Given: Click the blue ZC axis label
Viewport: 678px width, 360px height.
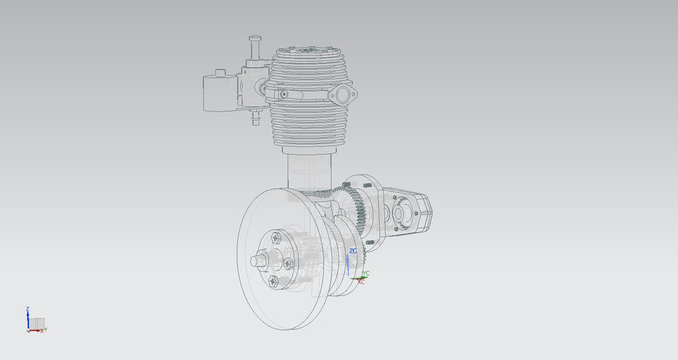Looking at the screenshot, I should [x=352, y=251].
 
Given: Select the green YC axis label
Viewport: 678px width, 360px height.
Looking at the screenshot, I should [x=366, y=273].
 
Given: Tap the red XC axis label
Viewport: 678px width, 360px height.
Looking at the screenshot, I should [x=362, y=282].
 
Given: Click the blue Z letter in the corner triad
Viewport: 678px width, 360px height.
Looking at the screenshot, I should [x=27, y=309].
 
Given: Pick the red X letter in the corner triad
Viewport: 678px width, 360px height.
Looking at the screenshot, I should [x=42, y=330].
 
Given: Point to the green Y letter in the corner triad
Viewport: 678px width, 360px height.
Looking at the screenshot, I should [x=45, y=329].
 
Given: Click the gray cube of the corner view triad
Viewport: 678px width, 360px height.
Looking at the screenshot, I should [x=36, y=323].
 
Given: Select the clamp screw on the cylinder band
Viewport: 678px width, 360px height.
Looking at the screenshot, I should [x=283, y=95].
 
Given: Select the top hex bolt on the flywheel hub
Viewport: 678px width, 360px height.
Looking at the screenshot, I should [x=275, y=237].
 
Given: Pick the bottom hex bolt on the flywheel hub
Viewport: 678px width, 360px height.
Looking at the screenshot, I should [x=273, y=281].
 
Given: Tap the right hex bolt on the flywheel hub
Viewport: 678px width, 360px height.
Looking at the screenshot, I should [x=287, y=263].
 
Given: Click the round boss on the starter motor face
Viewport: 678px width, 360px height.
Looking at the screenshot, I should [x=398, y=212].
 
